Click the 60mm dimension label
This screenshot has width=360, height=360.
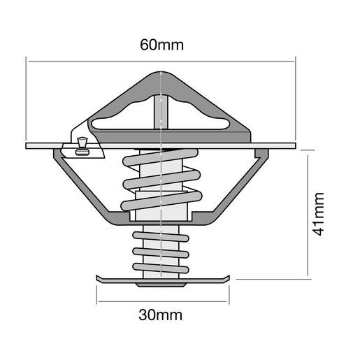(161, 45)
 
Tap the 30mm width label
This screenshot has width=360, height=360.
(161, 315)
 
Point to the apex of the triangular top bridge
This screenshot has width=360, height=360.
(161, 72)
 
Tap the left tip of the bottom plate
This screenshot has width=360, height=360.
(96, 279)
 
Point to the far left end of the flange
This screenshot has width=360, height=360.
(28, 146)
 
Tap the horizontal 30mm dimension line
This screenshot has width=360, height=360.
(161, 301)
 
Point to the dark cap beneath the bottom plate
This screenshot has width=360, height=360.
(161, 285)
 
